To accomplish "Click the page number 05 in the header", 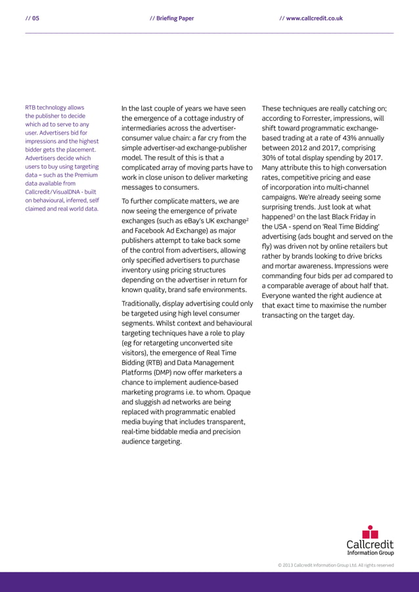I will [x=35, y=18].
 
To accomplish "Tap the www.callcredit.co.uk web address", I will [x=314, y=18].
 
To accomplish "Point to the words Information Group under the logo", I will [x=370, y=553].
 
